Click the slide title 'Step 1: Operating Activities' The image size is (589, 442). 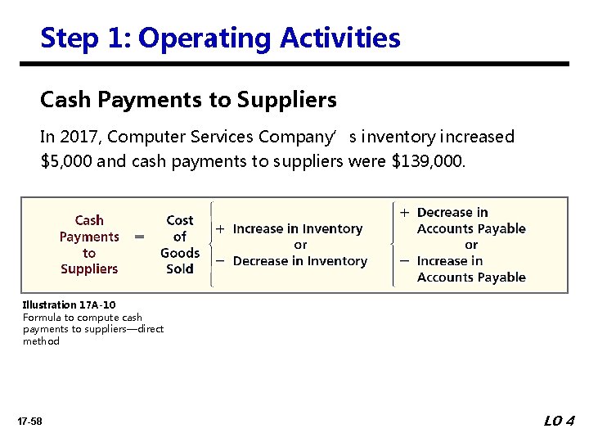(220, 38)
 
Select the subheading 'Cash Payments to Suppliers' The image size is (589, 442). (188, 100)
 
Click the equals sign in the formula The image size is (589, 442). (140, 237)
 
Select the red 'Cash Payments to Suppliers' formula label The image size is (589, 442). (89, 244)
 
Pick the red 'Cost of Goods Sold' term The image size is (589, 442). (179, 244)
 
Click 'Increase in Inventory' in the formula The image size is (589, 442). (297, 229)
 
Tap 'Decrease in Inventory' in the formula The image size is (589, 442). (299, 261)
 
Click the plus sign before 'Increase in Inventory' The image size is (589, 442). (221, 229)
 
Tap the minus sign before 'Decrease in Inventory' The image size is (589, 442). (221, 261)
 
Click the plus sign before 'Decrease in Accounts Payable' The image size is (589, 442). (405, 212)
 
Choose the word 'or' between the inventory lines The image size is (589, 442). (300, 245)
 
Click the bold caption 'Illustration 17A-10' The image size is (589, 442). (69, 305)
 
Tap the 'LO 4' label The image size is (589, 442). (560, 421)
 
